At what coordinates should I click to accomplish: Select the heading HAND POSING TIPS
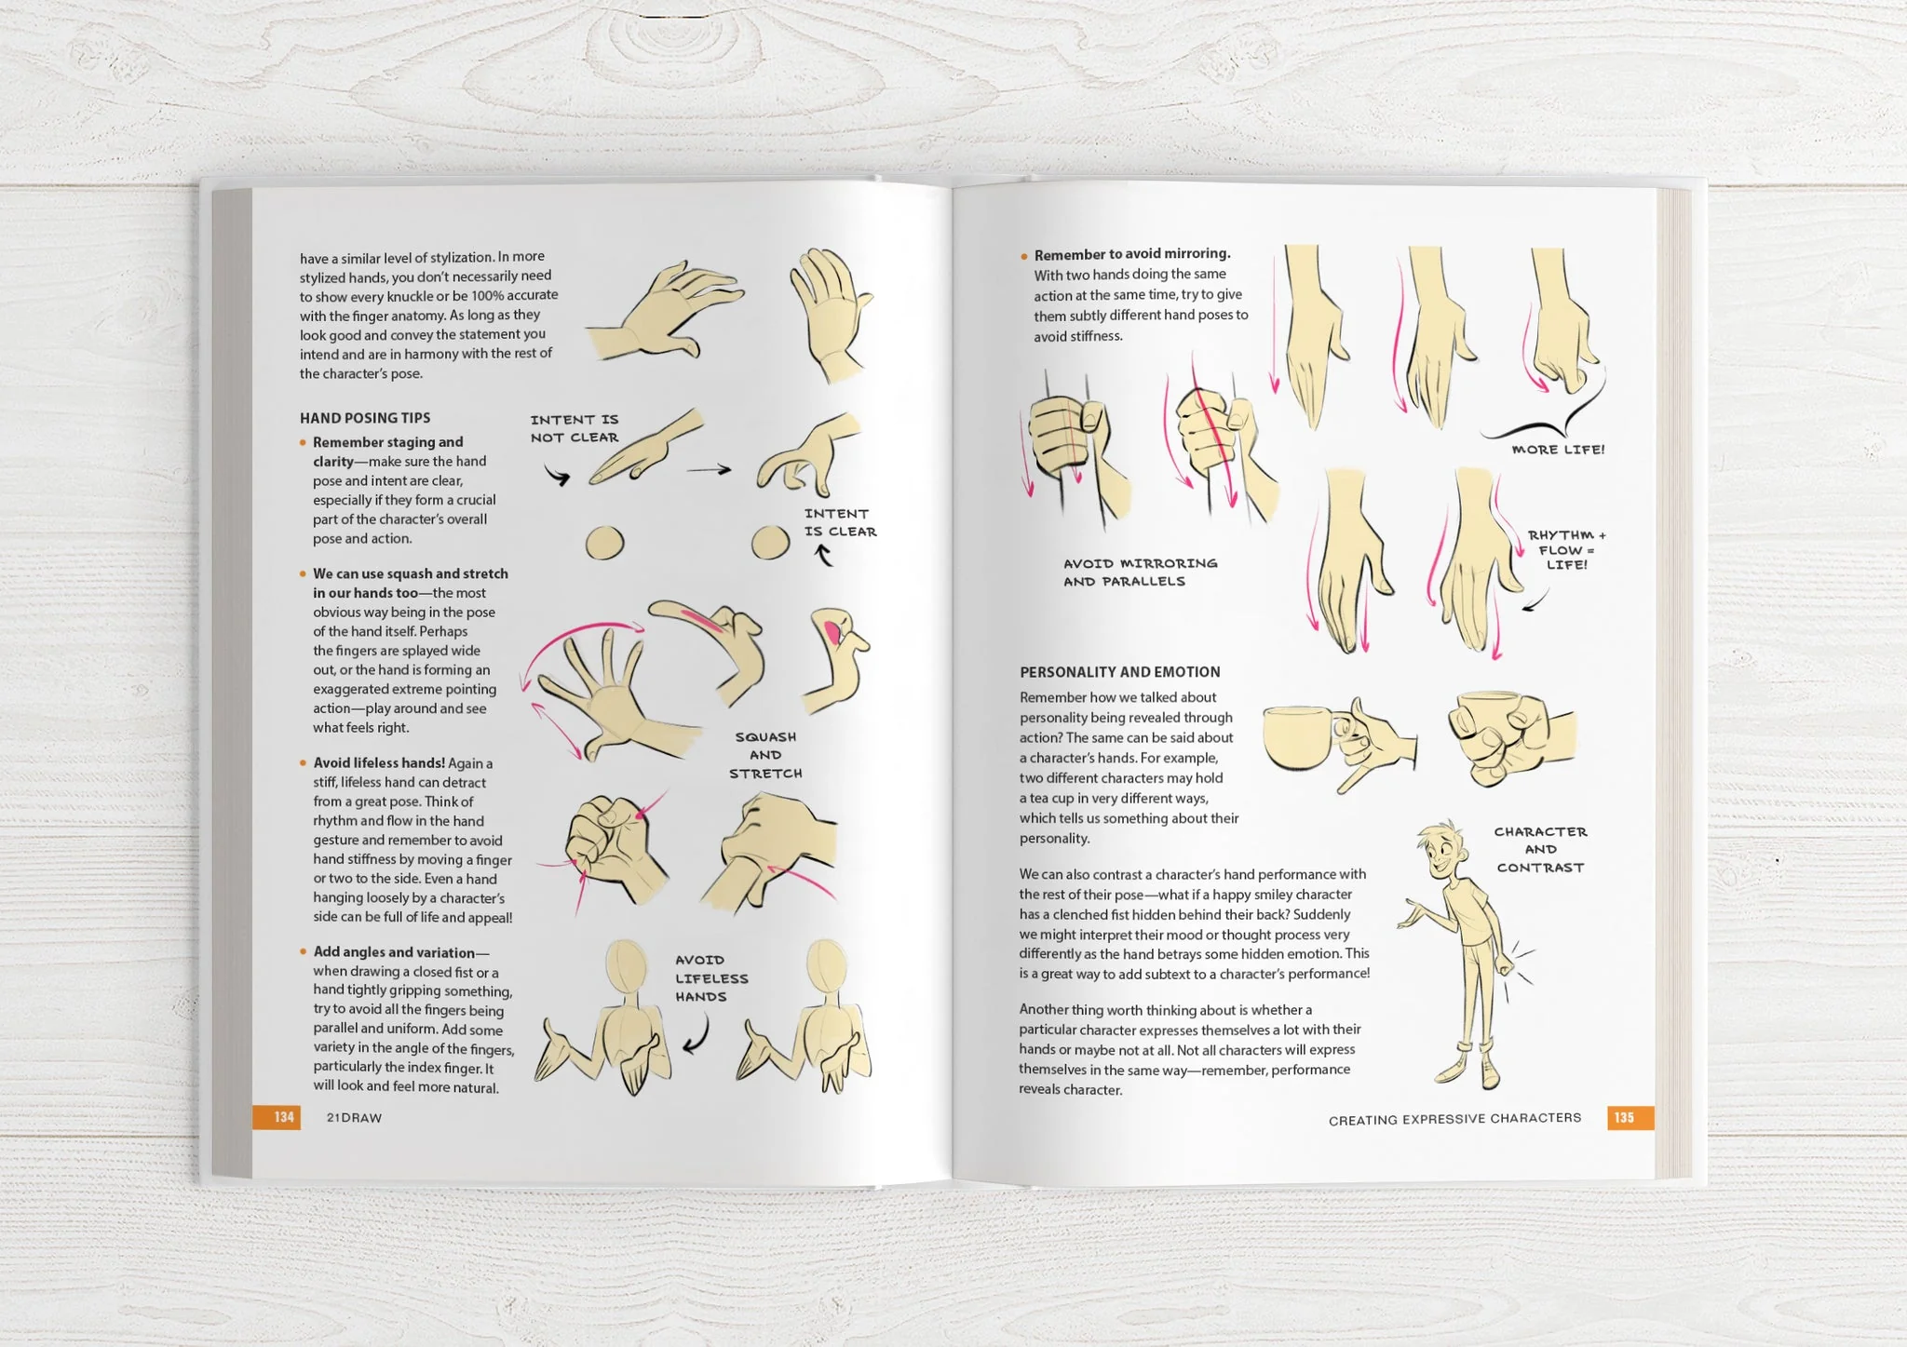coord(365,418)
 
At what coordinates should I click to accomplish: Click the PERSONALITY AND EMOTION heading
coord(1119,672)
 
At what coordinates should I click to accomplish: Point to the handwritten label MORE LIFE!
coord(1558,450)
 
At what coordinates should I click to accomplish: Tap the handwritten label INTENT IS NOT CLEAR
coord(575,429)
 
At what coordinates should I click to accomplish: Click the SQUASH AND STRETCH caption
coord(765,755)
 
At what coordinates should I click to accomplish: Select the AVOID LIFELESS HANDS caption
coord(711,978)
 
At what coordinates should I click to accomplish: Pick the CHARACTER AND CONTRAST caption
coord(1540,850)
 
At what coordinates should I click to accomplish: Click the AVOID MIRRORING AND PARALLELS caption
coord(1140,572)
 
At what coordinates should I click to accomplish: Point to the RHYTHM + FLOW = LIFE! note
coord(1566,550)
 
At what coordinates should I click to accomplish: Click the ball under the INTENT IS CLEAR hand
coord(770,543)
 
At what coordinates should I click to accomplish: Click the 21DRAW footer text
coord(354,1118)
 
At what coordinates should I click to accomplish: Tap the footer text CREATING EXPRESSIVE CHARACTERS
coord(1454,1119)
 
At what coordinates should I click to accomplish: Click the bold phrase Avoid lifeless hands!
coord(378,763)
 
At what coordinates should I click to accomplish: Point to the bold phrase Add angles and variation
coord(394,952)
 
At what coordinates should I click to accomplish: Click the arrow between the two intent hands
coord(710,470)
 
